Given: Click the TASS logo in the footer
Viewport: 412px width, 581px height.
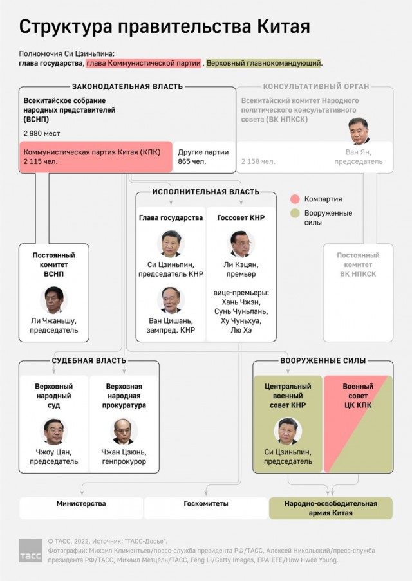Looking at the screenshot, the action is point(30,550).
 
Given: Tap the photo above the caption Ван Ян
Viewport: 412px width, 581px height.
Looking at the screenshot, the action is point(359,131).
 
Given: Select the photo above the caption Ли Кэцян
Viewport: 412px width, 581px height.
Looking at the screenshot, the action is point(241,244).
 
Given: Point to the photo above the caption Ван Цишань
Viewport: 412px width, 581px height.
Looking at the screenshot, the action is point(171,300).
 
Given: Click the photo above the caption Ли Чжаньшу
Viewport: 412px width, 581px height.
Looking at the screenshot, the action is point(54,300).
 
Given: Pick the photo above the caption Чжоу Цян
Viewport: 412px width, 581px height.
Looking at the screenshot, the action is point(54,431).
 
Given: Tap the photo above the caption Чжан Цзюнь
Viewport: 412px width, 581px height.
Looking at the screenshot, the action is point(124,431).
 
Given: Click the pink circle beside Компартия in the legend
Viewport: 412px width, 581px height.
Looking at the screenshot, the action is point(295,199).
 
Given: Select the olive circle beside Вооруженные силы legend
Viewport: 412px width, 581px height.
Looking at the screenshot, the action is point(295,213).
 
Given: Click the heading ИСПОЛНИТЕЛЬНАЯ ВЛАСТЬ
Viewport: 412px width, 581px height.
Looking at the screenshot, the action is point(206,192).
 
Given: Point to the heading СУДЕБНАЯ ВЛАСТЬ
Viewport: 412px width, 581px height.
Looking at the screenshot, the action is point(89,360).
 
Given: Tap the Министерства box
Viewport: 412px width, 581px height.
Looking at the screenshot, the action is point(81,508).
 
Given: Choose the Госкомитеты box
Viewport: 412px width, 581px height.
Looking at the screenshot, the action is point(206,508).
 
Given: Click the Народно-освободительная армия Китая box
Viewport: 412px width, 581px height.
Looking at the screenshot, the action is point(331,508).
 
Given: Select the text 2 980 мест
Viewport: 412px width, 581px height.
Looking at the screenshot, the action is point(42,133).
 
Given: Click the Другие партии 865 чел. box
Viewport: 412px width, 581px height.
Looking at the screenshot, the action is point(203,157).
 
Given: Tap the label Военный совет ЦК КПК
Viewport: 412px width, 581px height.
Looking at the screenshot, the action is point(358,396).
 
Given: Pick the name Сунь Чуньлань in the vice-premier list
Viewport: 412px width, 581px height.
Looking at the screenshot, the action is point(241,311).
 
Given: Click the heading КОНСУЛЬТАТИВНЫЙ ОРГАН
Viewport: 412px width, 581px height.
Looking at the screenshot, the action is point(316,87).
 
